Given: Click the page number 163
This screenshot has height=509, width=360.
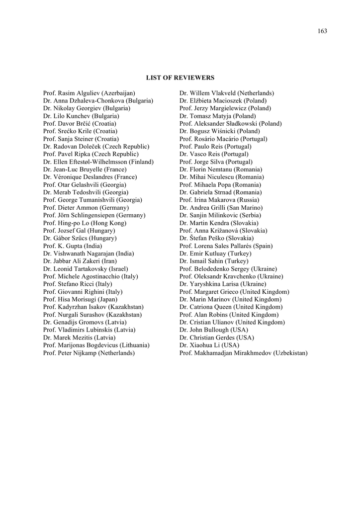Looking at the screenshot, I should pyautogui.click(x=322, y=31).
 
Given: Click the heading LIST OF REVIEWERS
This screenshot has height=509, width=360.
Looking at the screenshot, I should pyautogui.click(x=180, y=78).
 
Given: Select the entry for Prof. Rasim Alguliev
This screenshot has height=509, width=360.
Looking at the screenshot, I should pyautogui.click(x=89, y=93).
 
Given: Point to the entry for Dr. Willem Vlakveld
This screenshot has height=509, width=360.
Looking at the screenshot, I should pyautogui.click(x=226, y=93).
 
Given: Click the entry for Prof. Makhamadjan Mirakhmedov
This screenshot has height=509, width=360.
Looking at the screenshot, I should pyautogui.click(x=243, y=353).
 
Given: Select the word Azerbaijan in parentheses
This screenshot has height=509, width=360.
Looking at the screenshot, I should pyautogui.click(x=118, y=93).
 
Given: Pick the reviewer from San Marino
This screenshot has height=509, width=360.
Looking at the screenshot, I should pyautogui.click(x=221, y=207).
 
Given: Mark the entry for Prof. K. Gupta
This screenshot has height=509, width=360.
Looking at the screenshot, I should pyautogui.click(x=73, y=246).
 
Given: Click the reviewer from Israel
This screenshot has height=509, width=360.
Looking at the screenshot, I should pyautogui.click(x=86, y=269).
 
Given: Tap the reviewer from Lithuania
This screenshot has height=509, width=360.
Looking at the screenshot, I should pyautogui.click(x=96, y=345).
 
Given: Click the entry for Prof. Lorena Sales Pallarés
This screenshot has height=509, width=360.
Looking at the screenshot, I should pyautogui.click(x=226, y=246).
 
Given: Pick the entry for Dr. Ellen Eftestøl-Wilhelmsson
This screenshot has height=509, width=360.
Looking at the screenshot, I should pyautogui.click(x=98, y=162).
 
